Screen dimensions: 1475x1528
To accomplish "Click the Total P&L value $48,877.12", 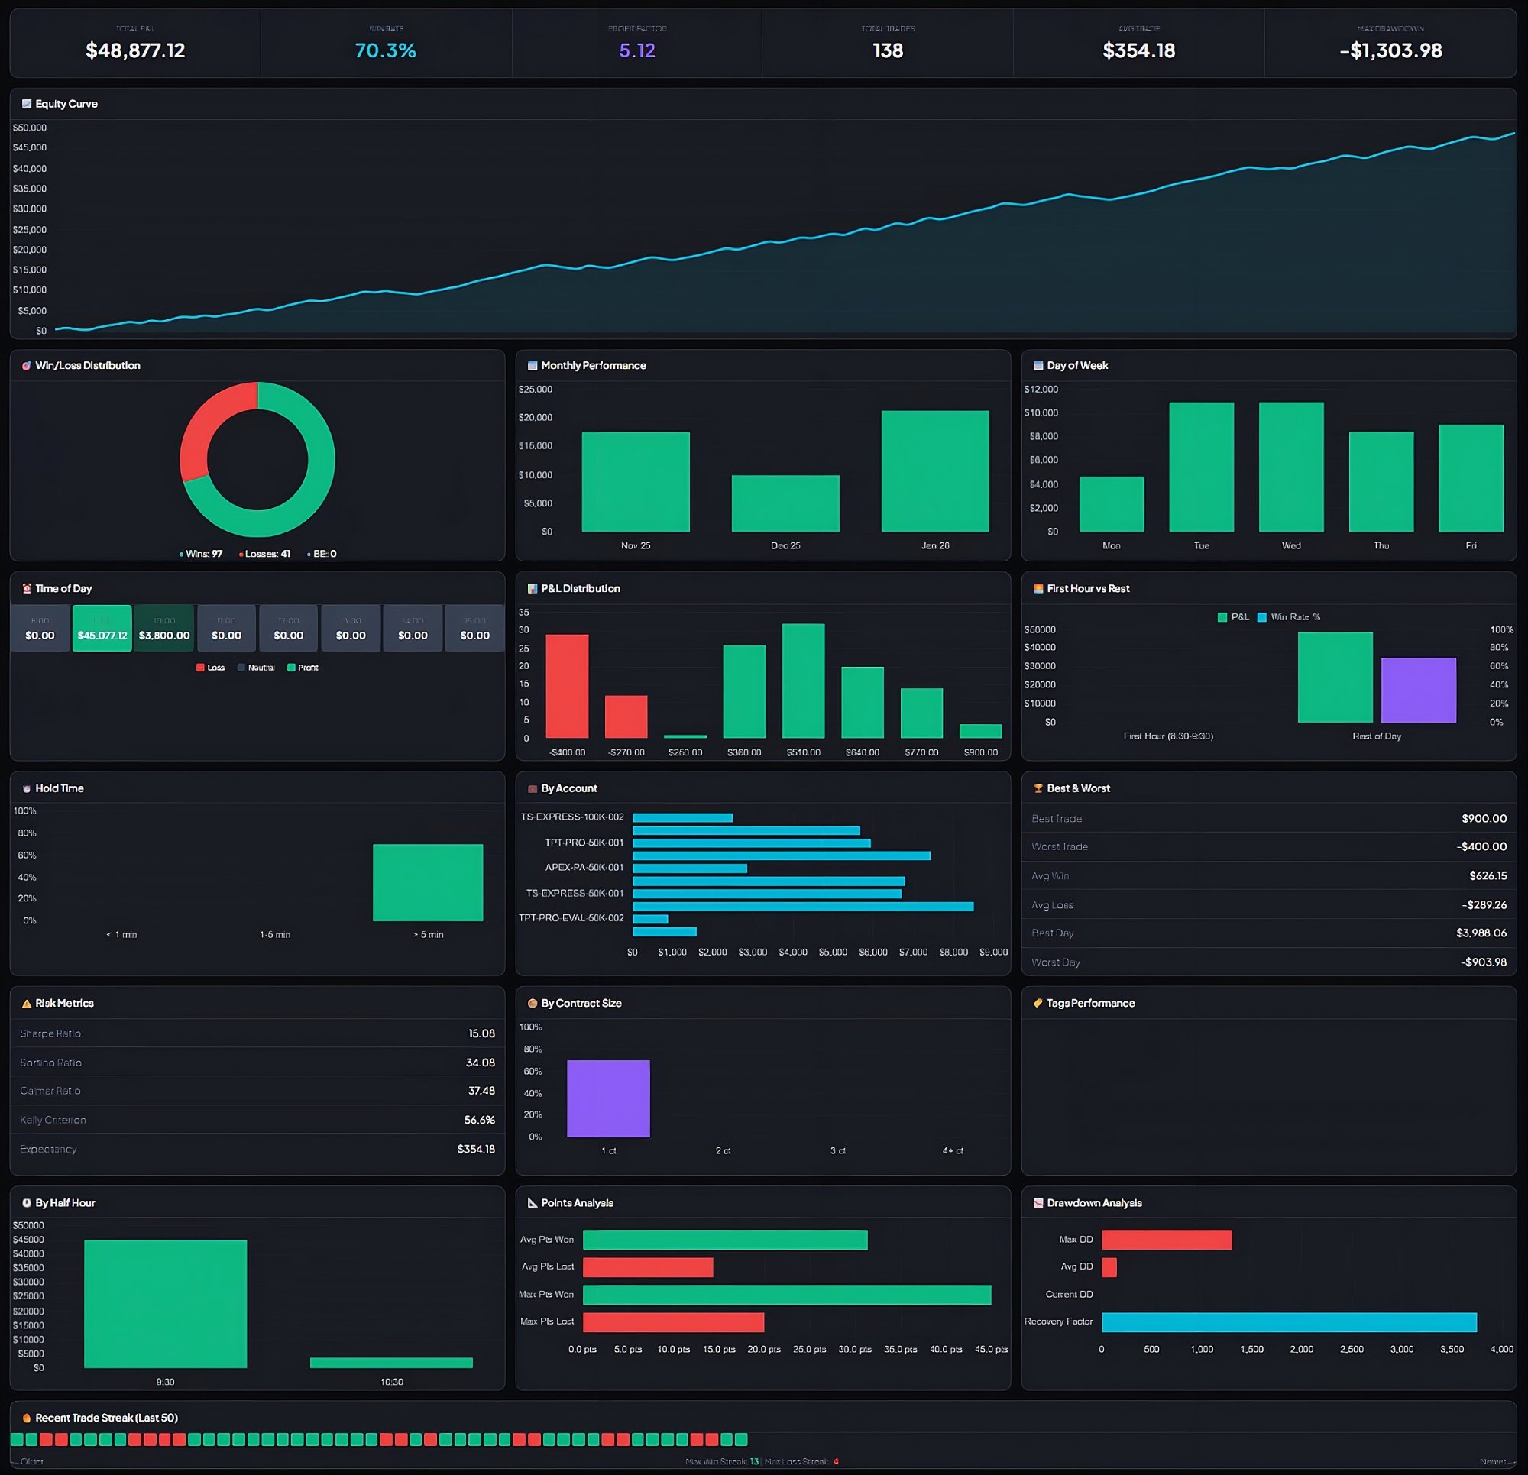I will [x=135, y=50].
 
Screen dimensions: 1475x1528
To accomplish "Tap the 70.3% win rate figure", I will [x=385, y=50].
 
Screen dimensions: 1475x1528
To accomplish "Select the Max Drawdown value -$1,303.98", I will [x=1390, y=50].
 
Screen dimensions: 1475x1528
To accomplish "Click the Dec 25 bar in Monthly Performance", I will [x=785, y=503].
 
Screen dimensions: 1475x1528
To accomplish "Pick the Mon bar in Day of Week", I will [x=1111, y=504].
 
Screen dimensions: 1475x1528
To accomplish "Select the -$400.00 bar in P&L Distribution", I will [x=567, y=686].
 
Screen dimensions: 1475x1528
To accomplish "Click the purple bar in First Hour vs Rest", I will [x=1418, y=690].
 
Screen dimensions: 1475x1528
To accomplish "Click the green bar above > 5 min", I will [x=427, y=882].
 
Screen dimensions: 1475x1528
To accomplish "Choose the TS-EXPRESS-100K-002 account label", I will [x=572, y=817].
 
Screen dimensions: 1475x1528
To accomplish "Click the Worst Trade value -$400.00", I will [x=1481, y=846].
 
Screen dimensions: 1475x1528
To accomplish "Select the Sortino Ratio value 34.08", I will [x=481, y=1063].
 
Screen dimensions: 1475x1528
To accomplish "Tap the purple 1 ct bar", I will [x=608, y=1098].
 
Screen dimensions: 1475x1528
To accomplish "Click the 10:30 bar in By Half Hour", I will [x=391, y=1363].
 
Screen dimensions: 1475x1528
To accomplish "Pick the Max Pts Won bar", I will [x=787, y=1295].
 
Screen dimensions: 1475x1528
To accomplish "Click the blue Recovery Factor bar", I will [x=1289, y=1322].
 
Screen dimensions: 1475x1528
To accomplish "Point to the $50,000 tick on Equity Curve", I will [x=30, y=128].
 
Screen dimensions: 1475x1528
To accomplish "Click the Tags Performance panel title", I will [x=1090, y=1004].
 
